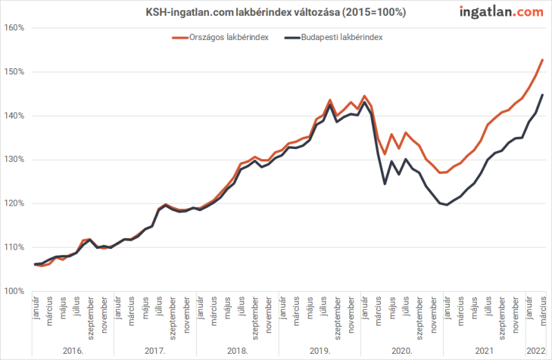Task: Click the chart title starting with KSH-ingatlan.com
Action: pos(275,12)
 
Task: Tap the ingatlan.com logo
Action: pos(500,12)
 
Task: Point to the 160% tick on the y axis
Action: pos(14,28)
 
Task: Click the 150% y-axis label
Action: pos(14,72)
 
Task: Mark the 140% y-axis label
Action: pos(14,116)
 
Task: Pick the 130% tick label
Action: pos(14,159)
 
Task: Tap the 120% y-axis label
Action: pos(14,203)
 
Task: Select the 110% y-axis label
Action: pos(14,247)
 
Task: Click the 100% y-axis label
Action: pos(14,291)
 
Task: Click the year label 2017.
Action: pos(155,351)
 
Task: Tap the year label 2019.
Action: pos(319,351)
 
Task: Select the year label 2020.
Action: pos(402,351)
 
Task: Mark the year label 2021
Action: pos(484,351)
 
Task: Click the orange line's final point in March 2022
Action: pos(542,60)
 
